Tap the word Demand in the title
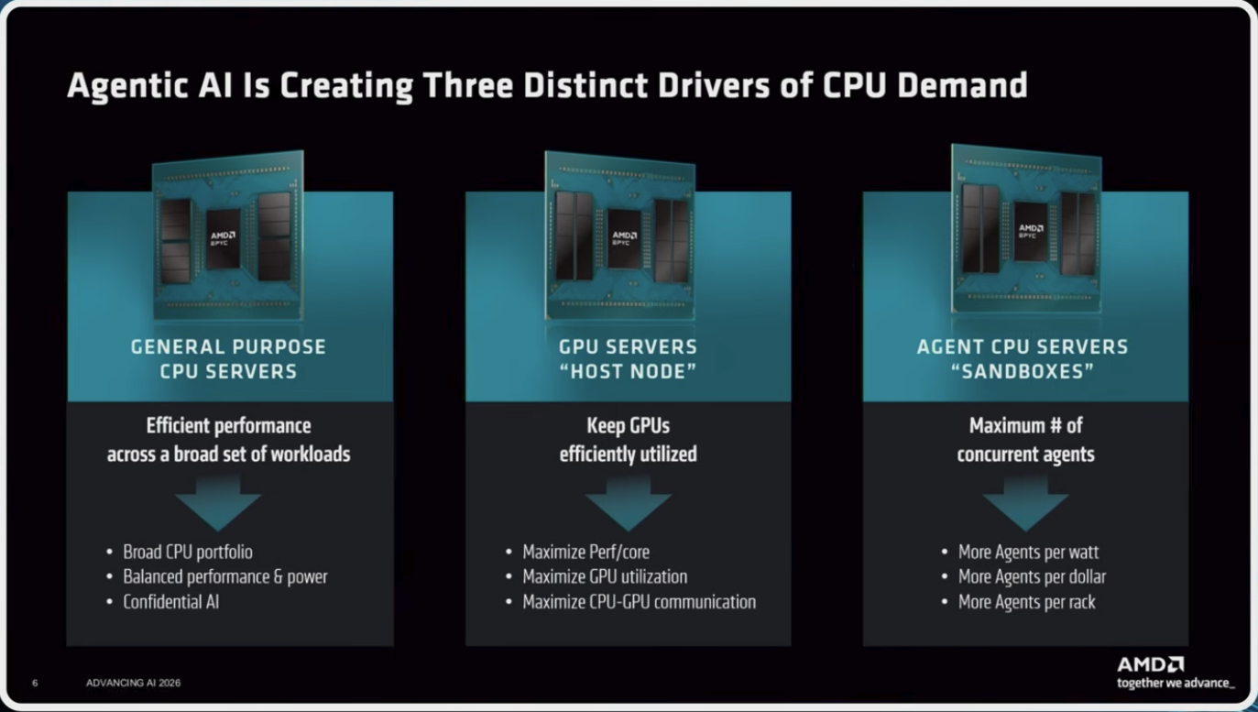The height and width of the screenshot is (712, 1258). coord(962,85)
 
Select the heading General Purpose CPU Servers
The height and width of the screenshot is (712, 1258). coord(228,359)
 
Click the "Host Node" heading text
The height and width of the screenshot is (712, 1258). coord(628,371)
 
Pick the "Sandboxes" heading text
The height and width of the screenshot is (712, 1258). coord(1023,371)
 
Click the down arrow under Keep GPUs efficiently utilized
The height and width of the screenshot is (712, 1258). coord(628,502)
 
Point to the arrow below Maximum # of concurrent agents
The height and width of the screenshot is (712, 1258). coord(1025,502)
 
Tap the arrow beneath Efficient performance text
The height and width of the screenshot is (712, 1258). coord(218,502)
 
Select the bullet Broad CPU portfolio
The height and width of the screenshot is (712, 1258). coord(188,552)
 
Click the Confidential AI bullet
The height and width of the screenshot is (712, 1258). coord(170,602)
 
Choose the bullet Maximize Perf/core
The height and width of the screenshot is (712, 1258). coord(585,552)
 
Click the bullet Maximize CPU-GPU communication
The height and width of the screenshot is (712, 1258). coord(640,602)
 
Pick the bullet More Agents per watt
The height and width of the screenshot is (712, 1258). coord(1028,552)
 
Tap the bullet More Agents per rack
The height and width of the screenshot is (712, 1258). coord(1026,602)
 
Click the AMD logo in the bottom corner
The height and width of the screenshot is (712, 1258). coord(1151,665)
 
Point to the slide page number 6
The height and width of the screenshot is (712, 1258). coord(35,683)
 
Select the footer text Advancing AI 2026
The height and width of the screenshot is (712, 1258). coord(133,683)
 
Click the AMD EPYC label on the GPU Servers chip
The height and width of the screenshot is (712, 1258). coord(624,237)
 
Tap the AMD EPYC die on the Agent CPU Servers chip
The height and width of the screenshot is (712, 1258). coord(1031,231)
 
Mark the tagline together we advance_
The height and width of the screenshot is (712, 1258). coord(1176,684)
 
